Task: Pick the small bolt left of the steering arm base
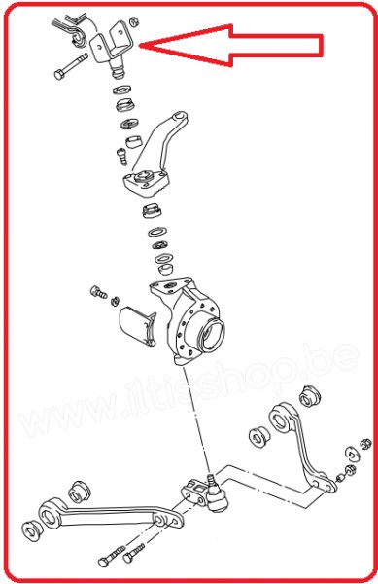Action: (121, 154)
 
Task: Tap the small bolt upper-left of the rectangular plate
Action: (97, 291)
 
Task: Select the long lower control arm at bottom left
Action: (97, 512)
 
